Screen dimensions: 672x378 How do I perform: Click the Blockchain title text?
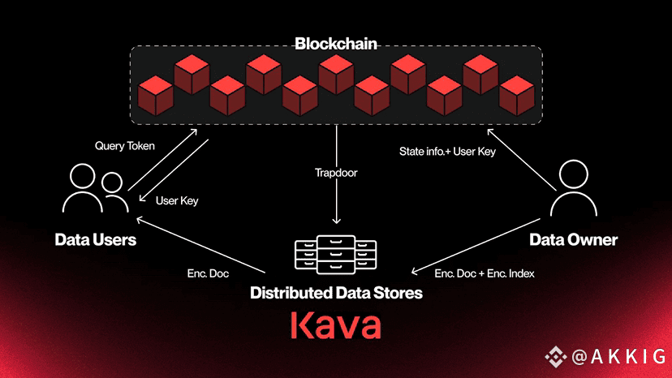point(336,44)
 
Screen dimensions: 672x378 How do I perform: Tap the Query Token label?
point(125,146)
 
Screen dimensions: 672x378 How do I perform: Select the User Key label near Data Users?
point(177,200)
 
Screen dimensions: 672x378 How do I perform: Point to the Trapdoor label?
point(336,173)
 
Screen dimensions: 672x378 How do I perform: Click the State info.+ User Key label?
point(447,152)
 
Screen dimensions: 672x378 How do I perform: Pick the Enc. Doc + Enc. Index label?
point(485,273)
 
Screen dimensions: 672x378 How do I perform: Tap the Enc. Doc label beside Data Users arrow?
point(208,273)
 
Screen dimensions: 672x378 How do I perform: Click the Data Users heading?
point(96,239)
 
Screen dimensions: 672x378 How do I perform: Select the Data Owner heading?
point(574,239)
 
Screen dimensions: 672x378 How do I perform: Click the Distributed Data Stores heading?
point(337,293)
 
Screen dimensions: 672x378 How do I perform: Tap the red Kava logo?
point(336,325)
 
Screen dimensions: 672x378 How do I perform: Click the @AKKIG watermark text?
point(618,357)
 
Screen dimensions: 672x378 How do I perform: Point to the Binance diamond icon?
point(556,357)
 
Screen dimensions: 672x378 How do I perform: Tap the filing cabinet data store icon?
point(336,254)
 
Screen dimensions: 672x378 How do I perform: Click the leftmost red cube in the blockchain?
point(155,96)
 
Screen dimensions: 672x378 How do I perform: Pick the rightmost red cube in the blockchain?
point(517,96)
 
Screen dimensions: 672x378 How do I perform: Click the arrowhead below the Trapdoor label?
point(337,221)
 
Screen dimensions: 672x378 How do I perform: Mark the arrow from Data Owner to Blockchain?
point(522,160)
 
